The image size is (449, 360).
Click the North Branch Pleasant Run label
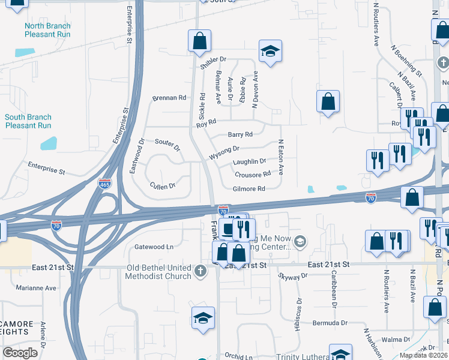(x=47, y=30)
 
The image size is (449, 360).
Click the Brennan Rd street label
(x=169, y=97)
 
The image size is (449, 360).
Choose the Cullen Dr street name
(x=162, y=186)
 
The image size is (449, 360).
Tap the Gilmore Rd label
(x=249, y=188)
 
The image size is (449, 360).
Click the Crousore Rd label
(x=253, y=175)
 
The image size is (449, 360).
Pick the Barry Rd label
(x=240, y=134)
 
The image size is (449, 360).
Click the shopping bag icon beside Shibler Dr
(x=199, y=41)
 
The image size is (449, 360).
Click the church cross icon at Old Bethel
(x=200, y=271)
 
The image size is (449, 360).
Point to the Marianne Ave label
(x=35, y=287)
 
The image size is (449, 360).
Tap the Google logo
(x=20, y=353)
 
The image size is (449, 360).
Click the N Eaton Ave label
(x=280, y=158)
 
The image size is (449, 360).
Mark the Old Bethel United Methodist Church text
(x=158, y=272)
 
